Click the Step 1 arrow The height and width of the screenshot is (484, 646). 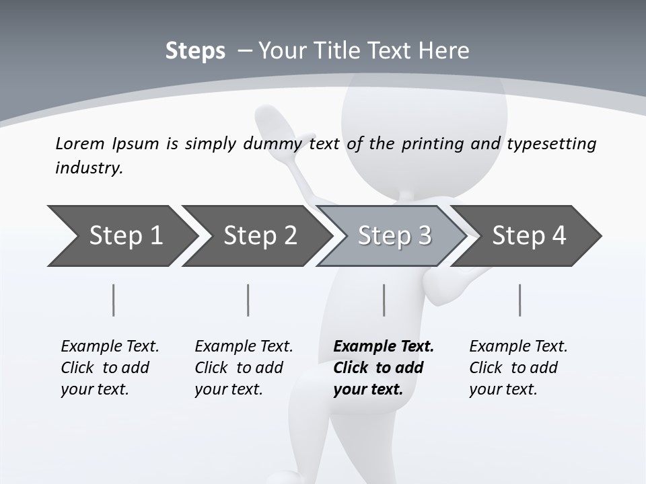pyautogui.click(x=124, y=236)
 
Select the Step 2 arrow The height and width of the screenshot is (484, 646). pyautogui.click(x=260, y=236)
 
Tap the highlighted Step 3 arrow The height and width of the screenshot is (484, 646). pyautogui.click(x=394, y=236)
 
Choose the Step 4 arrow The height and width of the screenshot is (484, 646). pyautogui.click(x=529, y=236)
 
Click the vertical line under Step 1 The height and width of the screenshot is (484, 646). pyautogui.click(x=114, y=300)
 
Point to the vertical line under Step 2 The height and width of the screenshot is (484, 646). pyautogui.click(x=248, y=300)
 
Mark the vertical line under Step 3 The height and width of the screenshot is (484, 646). pyautogui.click(x=384, y=300)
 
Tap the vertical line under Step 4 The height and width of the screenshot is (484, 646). pyautogui.click(x=519, y=300)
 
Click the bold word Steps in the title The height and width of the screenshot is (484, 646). pyautogui.click(x=195, y=51)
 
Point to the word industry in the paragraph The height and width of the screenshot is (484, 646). pyautogui.click(x=88, y=167)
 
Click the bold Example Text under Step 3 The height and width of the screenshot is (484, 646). pyautogui.click(x=384, y=347)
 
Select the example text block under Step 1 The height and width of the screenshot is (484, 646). pyautogui.click(x=110, y=368)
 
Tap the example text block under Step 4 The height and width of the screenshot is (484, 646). pyautogui.click(x=518, y=368)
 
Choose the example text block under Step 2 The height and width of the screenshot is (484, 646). pyautogui.click(x=244, y=368)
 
